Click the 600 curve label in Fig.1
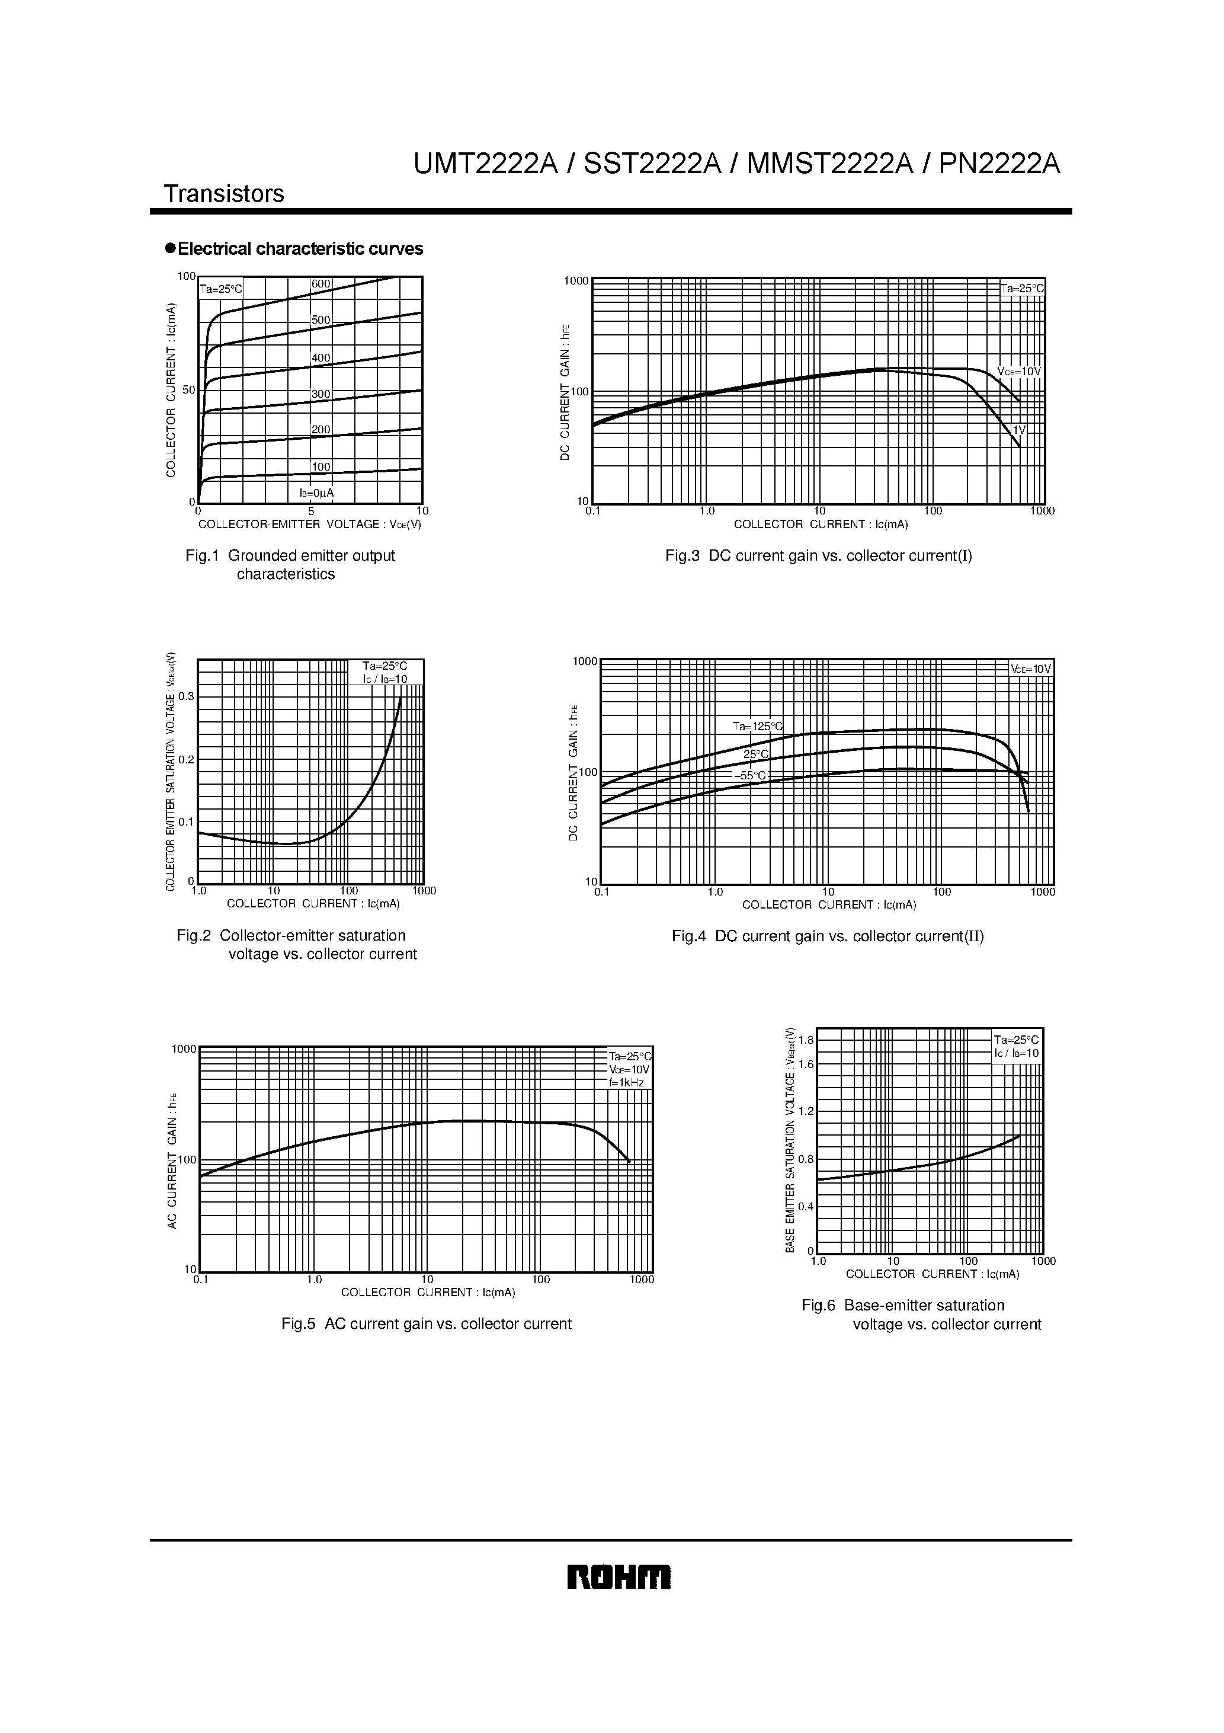point(321,284)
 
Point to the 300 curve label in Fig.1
point(321,394)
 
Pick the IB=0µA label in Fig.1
point(317,493)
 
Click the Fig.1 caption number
point(201,555)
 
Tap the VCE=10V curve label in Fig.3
point(1019,372)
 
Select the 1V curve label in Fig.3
point(1019,430)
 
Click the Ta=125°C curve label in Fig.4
point(758,726)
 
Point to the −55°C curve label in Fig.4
point(750,775)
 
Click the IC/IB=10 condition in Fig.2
point(385,679)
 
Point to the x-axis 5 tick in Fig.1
point(311,511)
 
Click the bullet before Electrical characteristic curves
point(171,248)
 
